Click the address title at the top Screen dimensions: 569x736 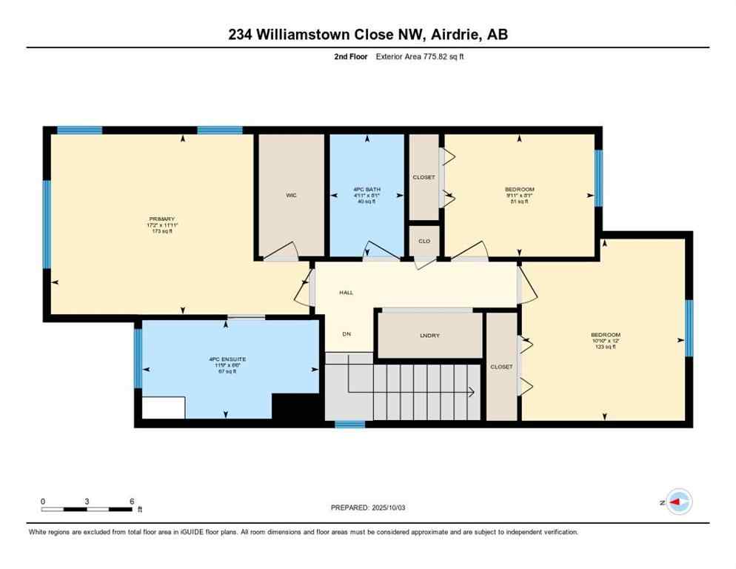point(367,34)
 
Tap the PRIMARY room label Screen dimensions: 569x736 point(161,219)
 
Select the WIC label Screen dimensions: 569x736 point(291,196)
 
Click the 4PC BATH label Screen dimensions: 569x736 point(367,190)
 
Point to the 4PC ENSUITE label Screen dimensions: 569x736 point(227,359)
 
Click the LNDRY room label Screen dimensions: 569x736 point(429,336)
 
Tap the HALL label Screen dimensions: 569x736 point(346,293)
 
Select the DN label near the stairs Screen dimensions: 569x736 point(346,334)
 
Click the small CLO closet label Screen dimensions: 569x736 point(424,241)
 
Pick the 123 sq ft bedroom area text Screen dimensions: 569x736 point(605,347)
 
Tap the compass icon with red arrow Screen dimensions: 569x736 point(678,502)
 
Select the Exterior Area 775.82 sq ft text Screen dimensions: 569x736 point(420,56)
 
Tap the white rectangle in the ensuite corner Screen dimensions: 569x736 point(163,407)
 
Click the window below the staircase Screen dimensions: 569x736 point(349,425)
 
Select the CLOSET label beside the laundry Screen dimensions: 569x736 point(501,367)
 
